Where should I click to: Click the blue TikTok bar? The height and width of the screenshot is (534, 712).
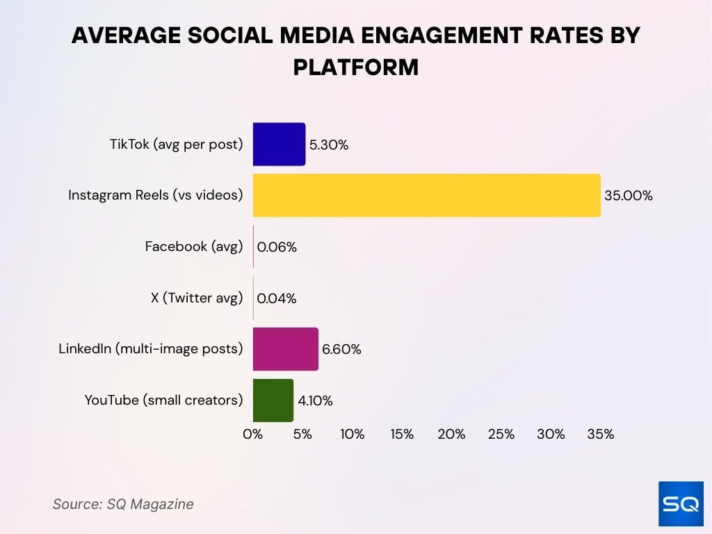coord(279,144)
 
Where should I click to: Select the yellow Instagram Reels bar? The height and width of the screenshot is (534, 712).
coord(426,195)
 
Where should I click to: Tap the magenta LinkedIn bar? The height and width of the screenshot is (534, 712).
coord(285,349)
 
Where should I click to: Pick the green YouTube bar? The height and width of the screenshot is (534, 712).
coord(273,400)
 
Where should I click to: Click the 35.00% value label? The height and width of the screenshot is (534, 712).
coord(628,196)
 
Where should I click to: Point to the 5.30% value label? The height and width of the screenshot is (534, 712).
coord(328,145)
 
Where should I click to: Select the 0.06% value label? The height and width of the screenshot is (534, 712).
coord(277,247)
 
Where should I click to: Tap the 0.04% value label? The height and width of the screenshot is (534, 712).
coord(277,298)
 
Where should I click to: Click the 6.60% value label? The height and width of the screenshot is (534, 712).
coord(341,350)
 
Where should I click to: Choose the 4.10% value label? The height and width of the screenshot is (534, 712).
coord(316,400)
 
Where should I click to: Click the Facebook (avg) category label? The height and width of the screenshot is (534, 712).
coord(194,246)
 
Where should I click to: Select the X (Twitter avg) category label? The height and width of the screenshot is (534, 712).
coord(197,298)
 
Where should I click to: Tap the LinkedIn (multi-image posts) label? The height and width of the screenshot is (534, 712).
coord(151,348)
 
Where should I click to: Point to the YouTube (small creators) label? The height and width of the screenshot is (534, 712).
coord(164,400)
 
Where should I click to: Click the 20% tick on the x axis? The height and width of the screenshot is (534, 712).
coord(451,435)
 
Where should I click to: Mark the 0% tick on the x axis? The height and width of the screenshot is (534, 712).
coord(252,435)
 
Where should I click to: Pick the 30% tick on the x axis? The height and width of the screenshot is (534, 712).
coord(551,435)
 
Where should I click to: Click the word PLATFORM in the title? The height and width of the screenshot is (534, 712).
coord(355,67)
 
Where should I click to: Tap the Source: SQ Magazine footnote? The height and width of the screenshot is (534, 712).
coord(123,504)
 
